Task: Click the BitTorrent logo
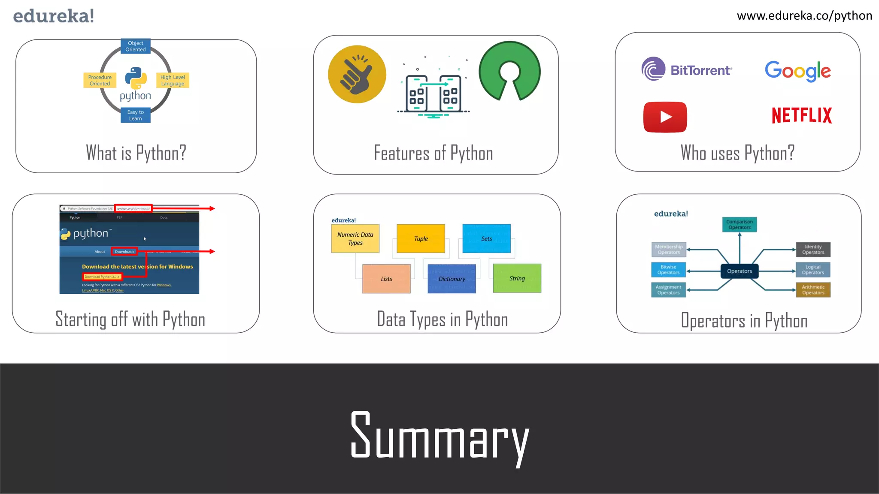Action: (x=687, y=69)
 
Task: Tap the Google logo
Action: (x=797, y=71)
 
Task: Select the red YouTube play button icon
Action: (x=665, y=117)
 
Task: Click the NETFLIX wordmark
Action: (x=801, y=115)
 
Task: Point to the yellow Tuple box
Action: (x=421, y=238)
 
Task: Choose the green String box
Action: (x=517, y=278)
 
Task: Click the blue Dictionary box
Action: (x=452, y=279)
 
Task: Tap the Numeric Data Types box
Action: (x=355, y=238)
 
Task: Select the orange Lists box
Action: (x=386, y=279)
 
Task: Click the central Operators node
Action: (x=739, y=271)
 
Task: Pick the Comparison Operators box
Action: (x=739, y=224)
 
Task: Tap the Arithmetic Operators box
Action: (x=813, y=290)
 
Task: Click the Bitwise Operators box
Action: (x=668, y=270)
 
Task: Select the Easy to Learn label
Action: (x=135, y=115)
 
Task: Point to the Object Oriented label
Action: (x=135, y=46)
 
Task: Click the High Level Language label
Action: (x=173, y=80)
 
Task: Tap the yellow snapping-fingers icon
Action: (x=357, y=74)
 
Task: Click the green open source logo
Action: (x=509, y=71)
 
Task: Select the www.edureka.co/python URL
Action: (x=804, y=16)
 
